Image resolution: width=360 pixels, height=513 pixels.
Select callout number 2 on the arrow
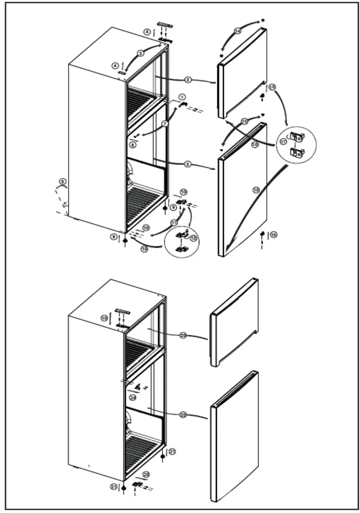pos(188,80)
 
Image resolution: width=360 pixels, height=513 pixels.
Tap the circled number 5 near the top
pos(140,53)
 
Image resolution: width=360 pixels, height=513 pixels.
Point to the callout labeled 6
pos(133,146)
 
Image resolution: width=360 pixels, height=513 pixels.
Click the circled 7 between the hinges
pos(165,123)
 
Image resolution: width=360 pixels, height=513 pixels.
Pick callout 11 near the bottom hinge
pos(174,222)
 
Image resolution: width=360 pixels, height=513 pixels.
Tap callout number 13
pos(144,249)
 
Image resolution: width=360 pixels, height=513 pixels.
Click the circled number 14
pos(238,31)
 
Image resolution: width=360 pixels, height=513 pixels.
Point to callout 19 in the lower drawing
pos(104,318)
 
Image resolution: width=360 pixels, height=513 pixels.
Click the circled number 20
pos(146,474)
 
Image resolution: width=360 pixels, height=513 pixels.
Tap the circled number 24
pos(133,398)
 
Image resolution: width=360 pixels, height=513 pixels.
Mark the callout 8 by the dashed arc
pos(63,182)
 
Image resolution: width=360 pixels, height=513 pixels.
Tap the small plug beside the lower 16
pos(262,233)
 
